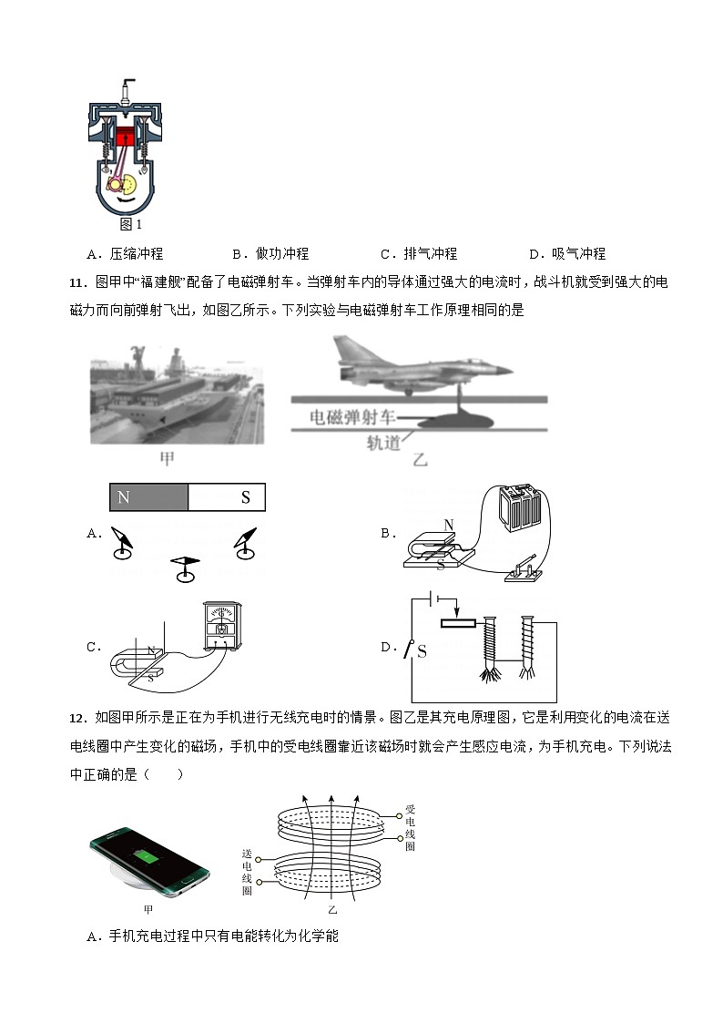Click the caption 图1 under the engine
click(x=131, y=223)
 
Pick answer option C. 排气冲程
click(x=418, y=253)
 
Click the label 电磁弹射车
click(x=353, y=418)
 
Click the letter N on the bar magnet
click(x=124, y=497)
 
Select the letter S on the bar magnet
click(x=245, y=497)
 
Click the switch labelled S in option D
click(x=420, y=650)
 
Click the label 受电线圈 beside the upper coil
click(x=410, y=827)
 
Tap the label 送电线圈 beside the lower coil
click(x=246, y=872)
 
